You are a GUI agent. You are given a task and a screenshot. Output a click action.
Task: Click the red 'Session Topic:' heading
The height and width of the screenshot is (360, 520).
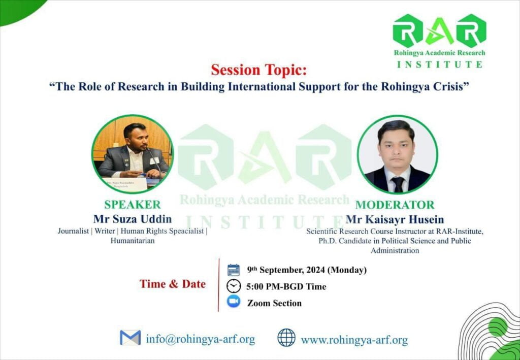pyautogui.click(x=259, y=70)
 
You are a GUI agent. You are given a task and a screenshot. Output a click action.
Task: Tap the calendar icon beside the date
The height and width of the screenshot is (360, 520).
pyautogui.click(x=234, y=270)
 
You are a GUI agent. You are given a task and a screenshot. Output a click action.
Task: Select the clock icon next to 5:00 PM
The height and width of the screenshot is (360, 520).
pyautogui.click(x=234, y=286)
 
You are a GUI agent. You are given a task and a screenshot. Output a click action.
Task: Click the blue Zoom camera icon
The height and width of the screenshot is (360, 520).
pyautogui.click(x=234, y=302)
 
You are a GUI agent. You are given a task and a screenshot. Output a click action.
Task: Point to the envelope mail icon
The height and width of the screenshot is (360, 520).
pyautogui.click(x=131, y=338)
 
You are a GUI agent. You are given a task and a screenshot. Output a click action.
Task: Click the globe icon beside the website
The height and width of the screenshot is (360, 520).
pyautogui.click(x=286, y=338)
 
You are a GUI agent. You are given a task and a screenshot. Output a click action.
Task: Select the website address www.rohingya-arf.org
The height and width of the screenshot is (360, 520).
pyautogui.click(x=354, y=340)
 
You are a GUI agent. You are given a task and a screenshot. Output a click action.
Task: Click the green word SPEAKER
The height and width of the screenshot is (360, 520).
pyautogui.click(x=133, y=205)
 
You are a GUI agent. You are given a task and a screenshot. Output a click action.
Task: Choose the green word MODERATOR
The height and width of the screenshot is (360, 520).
pyautogui.click(x=395, y=205)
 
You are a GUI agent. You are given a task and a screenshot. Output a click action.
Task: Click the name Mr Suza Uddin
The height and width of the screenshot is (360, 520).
pyautogui.click(x=133, y=219)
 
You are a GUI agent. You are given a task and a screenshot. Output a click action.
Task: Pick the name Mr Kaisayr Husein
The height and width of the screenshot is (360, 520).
pyautogui.click(x=395, y=219)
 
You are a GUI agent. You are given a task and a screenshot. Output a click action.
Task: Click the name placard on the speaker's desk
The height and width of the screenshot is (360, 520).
pyautogui.click(x=125, y=184)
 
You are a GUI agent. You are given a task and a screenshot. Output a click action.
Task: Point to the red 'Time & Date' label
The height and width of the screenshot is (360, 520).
pyautogui.click(x=173, y=284)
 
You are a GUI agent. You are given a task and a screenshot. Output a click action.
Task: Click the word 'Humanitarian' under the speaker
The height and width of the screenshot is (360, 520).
pyautogui.click(x=133, y=241)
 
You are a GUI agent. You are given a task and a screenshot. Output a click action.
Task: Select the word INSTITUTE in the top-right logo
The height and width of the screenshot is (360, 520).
pyautogui.click(x=440, y=64)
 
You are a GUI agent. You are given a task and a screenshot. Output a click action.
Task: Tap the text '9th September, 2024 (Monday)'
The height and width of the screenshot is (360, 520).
pyautogui.click(x=307, y=270)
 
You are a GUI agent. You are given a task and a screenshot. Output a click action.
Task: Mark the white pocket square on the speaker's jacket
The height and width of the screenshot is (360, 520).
pyautogui.click(x=154, y=161)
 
